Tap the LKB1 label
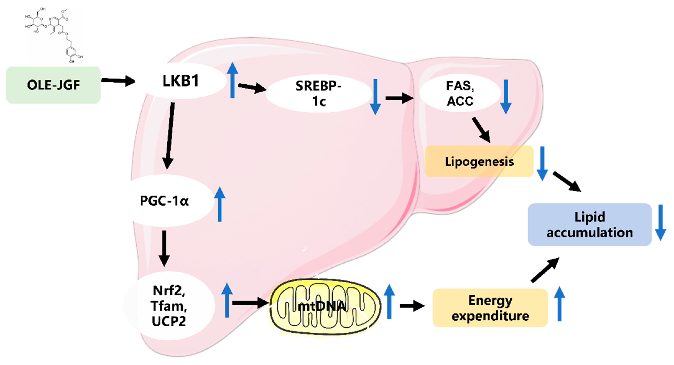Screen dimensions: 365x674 pos(181,81)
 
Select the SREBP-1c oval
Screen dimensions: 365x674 pos(318,93)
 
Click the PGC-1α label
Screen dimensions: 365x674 pos(164,201)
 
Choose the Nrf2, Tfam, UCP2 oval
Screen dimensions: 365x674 pos(169,306)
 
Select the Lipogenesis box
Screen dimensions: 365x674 pos(479,161)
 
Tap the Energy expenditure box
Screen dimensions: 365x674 pos(490,308)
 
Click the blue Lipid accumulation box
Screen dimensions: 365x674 pos(589,224)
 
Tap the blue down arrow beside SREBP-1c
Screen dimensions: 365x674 pos(375,97)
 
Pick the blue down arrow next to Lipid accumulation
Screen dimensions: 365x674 pos(660,222)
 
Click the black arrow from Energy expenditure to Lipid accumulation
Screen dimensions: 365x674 pos(545,270)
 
